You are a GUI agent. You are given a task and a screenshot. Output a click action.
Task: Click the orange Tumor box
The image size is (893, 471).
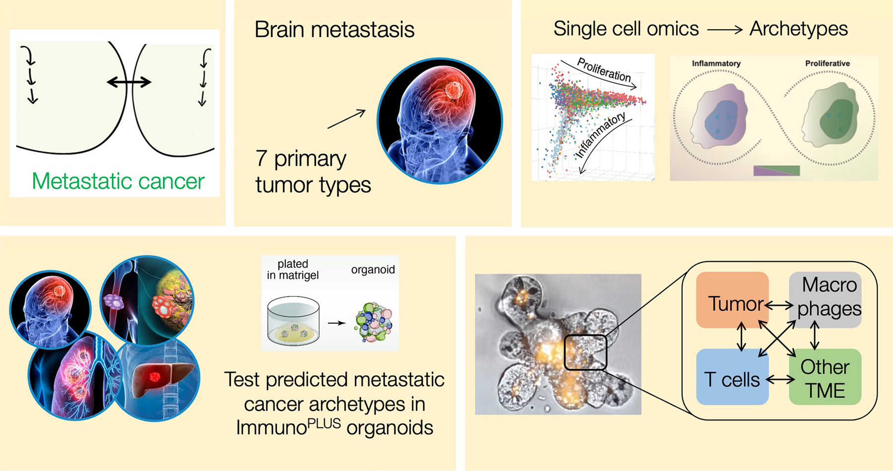pos(732,299)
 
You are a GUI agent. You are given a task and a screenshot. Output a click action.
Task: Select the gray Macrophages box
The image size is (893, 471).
pos(825,299)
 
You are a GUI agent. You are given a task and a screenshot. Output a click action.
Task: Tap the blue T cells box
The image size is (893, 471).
pos(732,377)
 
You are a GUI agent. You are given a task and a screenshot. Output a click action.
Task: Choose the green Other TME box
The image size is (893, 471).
pos(825,377)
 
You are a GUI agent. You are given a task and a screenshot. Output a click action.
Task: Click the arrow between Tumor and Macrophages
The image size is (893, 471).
pos(779,305)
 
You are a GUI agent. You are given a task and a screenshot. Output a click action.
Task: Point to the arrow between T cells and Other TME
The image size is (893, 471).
pos(780,380)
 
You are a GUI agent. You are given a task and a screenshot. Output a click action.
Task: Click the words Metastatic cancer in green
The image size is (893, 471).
pos(118,181)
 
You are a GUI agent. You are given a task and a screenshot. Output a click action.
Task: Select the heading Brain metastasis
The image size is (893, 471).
pos(334,29)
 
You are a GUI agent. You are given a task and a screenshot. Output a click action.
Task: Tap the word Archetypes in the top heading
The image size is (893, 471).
pos(799,29)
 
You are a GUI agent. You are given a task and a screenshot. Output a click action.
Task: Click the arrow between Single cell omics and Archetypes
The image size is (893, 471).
pos(725,30)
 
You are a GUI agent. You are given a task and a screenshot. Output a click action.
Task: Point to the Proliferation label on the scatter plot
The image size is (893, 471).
pos(604,70)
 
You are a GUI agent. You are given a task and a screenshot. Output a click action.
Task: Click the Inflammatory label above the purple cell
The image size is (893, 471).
pos(716,64)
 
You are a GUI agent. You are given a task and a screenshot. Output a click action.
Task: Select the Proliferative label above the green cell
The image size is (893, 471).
pos(828,64)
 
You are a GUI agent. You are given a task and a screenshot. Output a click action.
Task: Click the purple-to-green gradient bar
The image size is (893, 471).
pos(776,171)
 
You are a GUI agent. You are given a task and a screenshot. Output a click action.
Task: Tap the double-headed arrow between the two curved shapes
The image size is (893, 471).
pos(129,82)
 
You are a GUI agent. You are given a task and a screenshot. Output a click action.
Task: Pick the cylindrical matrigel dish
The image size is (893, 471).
pos(293,321)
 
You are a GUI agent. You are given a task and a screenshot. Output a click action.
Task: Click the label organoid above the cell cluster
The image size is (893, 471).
pos(373,269)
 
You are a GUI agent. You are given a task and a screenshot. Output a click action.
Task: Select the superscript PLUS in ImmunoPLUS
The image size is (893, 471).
pos(324,423)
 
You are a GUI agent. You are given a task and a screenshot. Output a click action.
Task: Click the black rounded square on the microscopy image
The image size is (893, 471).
pos(585,352)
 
